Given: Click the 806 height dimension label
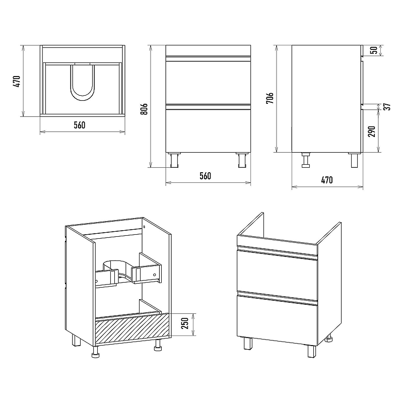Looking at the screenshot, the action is tap(145, 109).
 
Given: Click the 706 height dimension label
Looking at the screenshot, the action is tap(270, 98).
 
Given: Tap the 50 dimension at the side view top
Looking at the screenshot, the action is tap(374, 50).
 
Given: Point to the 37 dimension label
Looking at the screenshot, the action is tap(388, 106).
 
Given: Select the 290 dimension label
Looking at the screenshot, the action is tap(372, 131).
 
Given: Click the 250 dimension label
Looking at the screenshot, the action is tap(185, 323).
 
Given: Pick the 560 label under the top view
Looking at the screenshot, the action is tap(80, 125).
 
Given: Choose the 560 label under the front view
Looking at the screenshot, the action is tap(206, 176).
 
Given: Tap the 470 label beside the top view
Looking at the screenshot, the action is tap(17, 81).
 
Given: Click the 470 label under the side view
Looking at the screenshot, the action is tap(327, 180).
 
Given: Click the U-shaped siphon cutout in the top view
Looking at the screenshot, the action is tap(82, 83).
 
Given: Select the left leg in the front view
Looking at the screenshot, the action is tap(174, 160).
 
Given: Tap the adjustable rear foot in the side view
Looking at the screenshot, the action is tap(306, 160).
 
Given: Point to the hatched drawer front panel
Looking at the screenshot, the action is tap(132, 329).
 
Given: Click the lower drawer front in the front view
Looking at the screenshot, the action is tap(208, 131).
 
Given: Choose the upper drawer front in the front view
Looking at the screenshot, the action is tap(208, 83).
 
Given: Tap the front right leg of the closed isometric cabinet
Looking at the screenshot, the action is tap(312, 351).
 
